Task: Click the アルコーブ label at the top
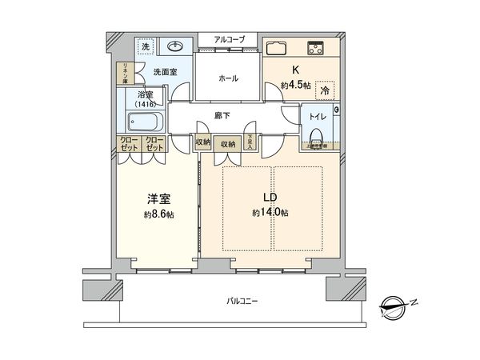pyautogui.click(x=228, y=38)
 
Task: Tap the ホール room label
pyautogui.click(x=228, y=79)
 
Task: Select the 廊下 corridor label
pyautogui.click(x=223, y=116)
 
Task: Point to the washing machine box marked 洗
pyautogui.click(x=145, y=47)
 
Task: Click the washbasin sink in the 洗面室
pyautogui.click(x=175, y=46)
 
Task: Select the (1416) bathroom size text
pyautogui.click(x=146, y=104)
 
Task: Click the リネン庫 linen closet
pyautogui.click(x=124, y=74)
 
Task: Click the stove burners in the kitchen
pyautogui.click(x=314, y=47)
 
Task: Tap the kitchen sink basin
pyautogui.click(x=278, y=47)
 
